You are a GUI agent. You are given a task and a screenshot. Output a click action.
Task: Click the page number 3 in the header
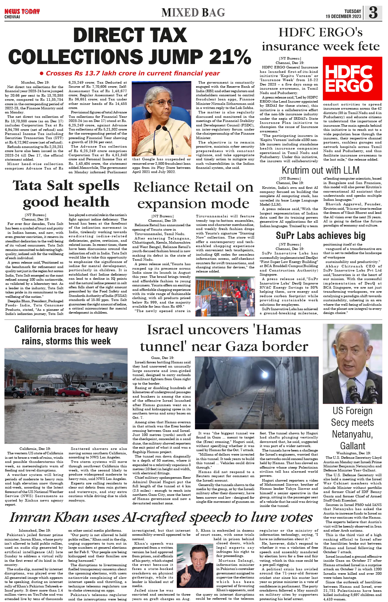tap(373, 12)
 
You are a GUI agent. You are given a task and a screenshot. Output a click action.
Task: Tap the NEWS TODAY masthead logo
tap(22, 12)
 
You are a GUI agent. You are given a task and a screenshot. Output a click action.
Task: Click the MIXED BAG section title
tap(193, 13)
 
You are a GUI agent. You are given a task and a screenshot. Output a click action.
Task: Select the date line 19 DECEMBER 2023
tap(343, 16)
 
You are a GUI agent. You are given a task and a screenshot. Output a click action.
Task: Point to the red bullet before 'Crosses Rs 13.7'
tap(41, 74)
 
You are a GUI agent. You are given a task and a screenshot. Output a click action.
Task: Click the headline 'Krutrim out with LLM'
tap(320, 170)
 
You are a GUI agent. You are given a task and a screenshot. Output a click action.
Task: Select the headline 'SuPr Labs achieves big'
tap(320, 235)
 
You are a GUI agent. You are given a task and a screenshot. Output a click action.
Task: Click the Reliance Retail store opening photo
tap(225, 297)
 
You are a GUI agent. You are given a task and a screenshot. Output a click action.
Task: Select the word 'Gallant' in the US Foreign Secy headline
tap(352, 446)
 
